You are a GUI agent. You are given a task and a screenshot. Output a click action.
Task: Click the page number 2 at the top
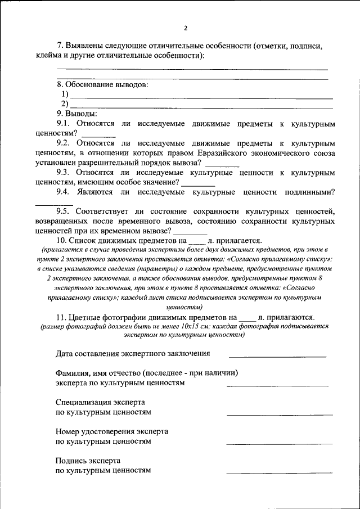[185, 28]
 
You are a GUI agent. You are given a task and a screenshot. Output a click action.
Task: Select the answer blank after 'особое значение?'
[199, 185]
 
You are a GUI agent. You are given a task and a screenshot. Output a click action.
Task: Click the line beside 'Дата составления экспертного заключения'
[277, 357]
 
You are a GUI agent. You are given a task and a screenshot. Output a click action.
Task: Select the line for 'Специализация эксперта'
[277, 415]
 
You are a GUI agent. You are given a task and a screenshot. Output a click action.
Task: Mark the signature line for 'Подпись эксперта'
[277, 472]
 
